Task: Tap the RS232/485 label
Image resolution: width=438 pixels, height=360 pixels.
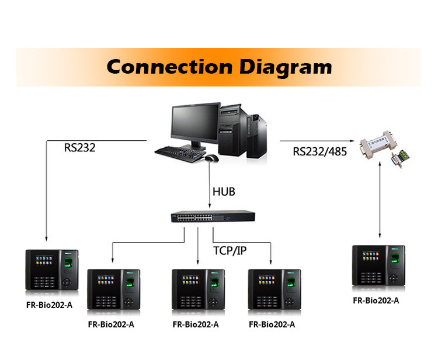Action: click(x=319, y=152)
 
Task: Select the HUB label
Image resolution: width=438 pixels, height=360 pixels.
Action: click(x=224, y=192)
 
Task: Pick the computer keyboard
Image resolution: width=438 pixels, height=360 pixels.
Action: click(x=178, y=152)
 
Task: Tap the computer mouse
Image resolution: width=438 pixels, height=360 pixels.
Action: click(x=211, y=158)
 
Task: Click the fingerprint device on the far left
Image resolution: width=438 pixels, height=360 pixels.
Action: click(x=51, y=269)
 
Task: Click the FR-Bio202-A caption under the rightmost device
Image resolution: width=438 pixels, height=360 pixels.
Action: click(x=376, y=300)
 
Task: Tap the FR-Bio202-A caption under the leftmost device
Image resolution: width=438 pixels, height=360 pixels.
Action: click(x=48, y=304)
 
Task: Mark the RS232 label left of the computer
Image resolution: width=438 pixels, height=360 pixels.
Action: click(x=80, y=148)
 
